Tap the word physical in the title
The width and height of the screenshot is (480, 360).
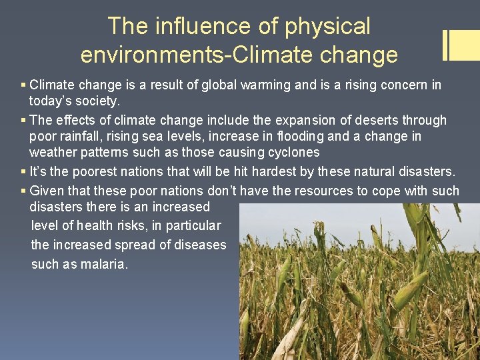pos(327,26)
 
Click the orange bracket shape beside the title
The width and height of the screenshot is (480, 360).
pos(460,45)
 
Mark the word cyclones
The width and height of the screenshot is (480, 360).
pos(293,153)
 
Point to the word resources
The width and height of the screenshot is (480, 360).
pos(325,191)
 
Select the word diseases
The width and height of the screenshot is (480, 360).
pos(200,245)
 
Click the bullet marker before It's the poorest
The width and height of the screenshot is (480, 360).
pos(23,172)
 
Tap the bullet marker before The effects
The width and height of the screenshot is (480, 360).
pos(23,121)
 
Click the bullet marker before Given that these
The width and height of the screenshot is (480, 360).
pos(23,191)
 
